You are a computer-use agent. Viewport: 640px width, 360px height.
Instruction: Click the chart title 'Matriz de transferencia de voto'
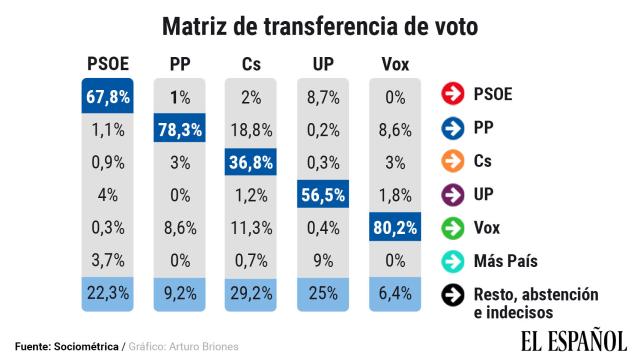(x=320, y=22)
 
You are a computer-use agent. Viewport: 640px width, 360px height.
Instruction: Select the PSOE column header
(x=108, y=65)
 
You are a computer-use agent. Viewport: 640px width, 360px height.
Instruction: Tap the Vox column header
(x=396, y=65)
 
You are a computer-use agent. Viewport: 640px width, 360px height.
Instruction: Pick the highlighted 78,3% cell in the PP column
(x=180, y=129)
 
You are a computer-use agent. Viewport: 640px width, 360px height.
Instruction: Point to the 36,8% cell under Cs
(x=252, y=162)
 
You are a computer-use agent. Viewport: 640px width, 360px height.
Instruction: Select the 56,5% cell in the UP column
(x=324, y=195)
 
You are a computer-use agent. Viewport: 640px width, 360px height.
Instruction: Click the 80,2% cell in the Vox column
(x=396, y=228)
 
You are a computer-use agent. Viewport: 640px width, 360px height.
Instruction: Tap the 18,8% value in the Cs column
(x=252, y=129)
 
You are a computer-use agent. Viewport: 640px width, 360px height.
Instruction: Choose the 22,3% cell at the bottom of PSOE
(x=108, y=294)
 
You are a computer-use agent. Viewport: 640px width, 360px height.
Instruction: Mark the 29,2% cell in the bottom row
(x=252, y=294)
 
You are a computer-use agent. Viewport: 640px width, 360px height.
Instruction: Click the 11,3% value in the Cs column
(x=252, y=228)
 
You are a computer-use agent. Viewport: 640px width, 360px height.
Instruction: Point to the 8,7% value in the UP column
(x=324, y=96)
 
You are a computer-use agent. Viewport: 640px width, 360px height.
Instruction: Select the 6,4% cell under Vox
(x=396, y=294)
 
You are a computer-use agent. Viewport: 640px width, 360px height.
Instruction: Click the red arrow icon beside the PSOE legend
(x=451, y=96)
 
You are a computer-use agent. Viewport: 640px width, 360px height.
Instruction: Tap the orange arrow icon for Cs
(x=451, y=162)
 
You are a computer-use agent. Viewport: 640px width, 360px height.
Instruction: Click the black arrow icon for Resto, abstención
(x=451, y=294)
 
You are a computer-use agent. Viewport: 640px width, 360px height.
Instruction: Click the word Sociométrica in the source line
(x=86, y=346)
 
